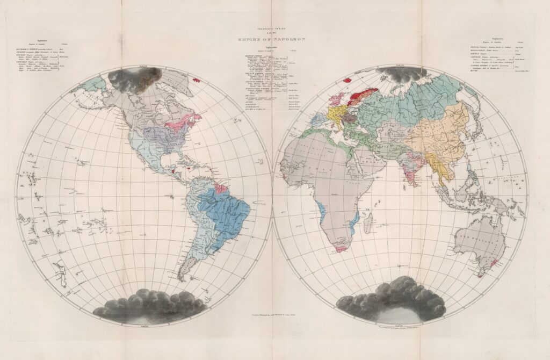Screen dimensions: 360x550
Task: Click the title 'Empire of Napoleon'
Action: coord(274,38)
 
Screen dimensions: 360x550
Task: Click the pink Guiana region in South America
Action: coord(220,189)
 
